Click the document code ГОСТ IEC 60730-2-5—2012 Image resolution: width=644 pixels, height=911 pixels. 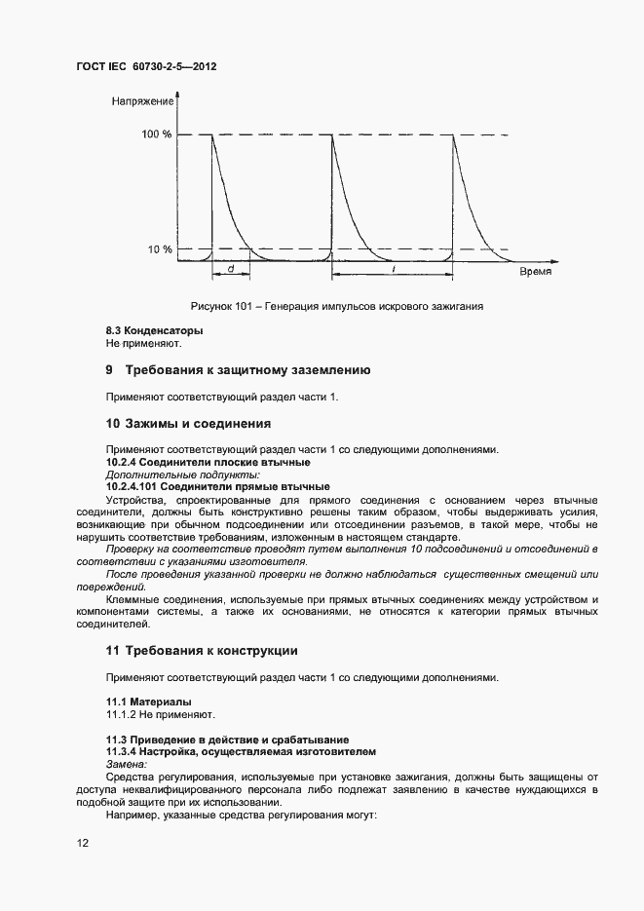pyautogui.click(x=147, y=68)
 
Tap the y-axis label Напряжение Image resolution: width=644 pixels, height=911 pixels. pyautogui.click(x=143, y=101)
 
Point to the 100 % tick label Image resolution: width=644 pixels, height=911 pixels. pyautogui.click(x=156, y=134)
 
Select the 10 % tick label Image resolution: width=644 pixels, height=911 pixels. pyautogui.click(x=160, y=249)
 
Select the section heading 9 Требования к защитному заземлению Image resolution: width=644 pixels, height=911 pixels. pyautogui.click(x=237, y=370)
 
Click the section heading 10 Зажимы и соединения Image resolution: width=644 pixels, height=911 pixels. pyautogui.click(x=187, y=424)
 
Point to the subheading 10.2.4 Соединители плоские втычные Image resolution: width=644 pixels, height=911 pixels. pyautogui.click(x=208, y=461)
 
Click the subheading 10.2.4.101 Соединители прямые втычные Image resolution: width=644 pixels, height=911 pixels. pyautogui.click(x=217, y=486)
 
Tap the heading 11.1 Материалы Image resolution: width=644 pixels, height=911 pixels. pyautogui.click(x=148, y=702)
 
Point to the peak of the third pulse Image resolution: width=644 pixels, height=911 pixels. pyautogui.click(x=453, y=135)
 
